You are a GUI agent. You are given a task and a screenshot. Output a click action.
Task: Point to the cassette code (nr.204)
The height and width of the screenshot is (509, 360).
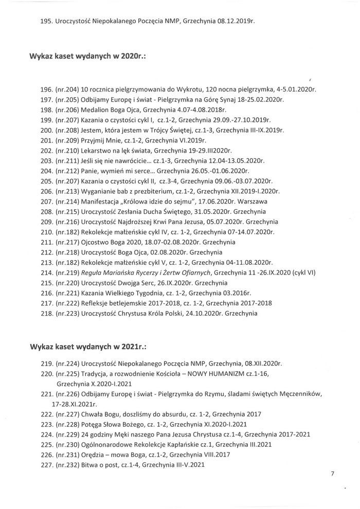pyautogui.click(x=66, y=89)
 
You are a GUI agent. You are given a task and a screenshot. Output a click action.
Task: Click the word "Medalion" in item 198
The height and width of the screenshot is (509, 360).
pyautogui.click(x=97, y=110)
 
